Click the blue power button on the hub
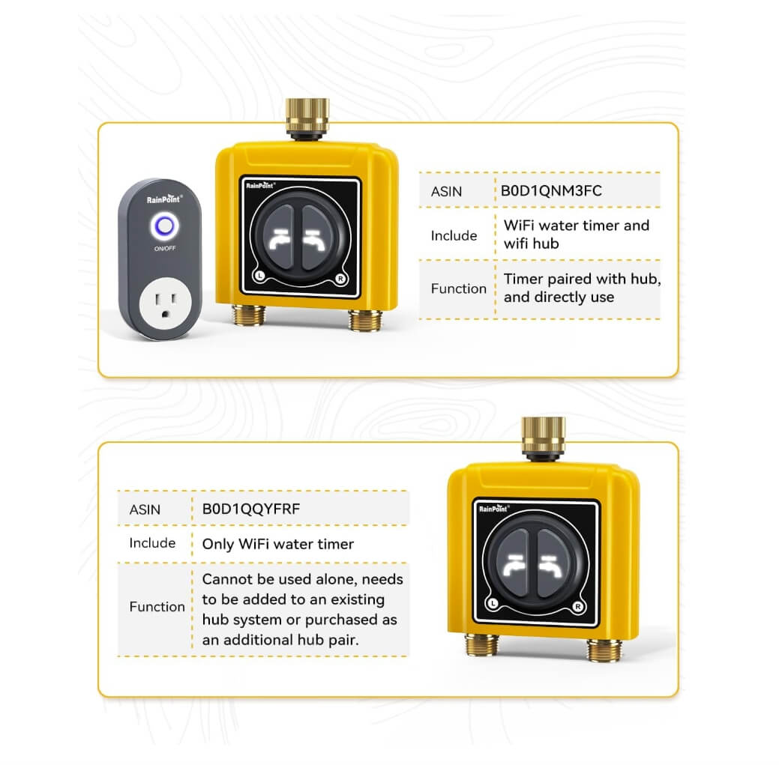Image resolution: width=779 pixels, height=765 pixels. tap(163, 225)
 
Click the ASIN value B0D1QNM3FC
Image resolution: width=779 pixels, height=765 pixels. tap(551, 190)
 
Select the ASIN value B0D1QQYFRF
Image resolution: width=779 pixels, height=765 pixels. tap(251, 509)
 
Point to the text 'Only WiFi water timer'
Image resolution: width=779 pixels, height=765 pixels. tap(277, 544)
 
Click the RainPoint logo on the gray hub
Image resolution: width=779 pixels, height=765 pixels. tap(163, 199)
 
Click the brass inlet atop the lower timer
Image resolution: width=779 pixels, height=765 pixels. tap(543, 435)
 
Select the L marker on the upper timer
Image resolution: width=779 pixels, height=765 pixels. tap(258, 276)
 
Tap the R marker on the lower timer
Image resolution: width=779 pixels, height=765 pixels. tap(577, 605)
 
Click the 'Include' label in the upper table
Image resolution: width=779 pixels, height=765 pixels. tap(454, 235)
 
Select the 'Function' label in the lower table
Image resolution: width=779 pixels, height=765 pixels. tap(157, 607)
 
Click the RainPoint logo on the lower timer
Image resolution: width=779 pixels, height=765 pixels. tap(495, 509)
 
